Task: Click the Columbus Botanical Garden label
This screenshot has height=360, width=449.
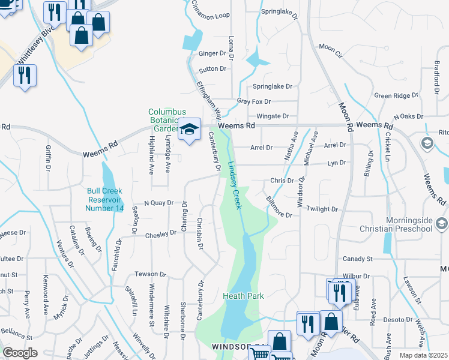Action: [167, 120]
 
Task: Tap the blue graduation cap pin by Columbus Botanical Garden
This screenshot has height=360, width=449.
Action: [189, 130]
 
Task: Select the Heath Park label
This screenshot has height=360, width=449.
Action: [243, 296]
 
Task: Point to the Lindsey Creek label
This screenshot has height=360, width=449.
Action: [235, 187]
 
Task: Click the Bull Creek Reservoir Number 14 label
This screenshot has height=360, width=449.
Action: [105, 199]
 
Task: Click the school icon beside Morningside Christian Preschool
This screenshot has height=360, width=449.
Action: [442, 224]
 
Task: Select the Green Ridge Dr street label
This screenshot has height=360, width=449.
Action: [396, 95]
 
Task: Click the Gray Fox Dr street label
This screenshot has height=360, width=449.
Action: [254, 101]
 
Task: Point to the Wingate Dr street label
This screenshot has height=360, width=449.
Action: [273, 116]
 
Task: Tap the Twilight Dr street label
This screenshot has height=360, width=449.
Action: [322, 209]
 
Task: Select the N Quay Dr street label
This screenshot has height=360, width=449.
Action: [158, 203]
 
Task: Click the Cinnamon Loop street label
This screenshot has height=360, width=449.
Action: [211, 10]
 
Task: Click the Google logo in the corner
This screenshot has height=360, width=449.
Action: [20, 353]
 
